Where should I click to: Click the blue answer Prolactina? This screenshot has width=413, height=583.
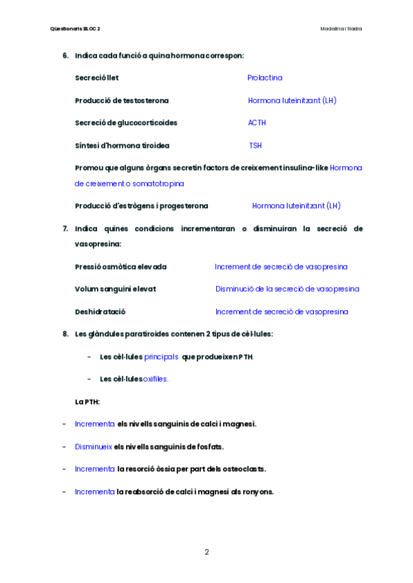pyautogui.click(x=265, y=78)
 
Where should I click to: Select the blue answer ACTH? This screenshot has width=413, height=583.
pyautogui.click(x=257, y=123)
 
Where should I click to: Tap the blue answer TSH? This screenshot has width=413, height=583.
pyautogui.click(x=255, y=146)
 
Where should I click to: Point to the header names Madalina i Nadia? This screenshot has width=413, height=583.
pyautogui.click(x=341, y=29)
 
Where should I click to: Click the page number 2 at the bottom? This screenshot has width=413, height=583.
pyautogui.click(x=206, y=551)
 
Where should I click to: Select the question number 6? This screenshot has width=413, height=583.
pyautogui.click(x=65, y=56)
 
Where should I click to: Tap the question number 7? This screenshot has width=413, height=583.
pyautogui.click(x=65, y=228)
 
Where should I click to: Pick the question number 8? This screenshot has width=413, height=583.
pyautogui.click(x=65, y=334)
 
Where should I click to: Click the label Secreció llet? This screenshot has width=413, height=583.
pyautogui.click(x=96, y=78)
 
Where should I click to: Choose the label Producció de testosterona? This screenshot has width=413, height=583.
pyautogui.click(x=121, y=100)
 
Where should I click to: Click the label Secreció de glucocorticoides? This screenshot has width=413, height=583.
pyautogui.click(x=126, y=123)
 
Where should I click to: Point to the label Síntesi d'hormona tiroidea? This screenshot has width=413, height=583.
pyautogui.click(x=122, y=146)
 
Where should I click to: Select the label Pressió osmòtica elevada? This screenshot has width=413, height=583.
pyautogui.click(x=120, y=267)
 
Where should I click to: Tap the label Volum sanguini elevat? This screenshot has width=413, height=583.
pyautogui.click(x=115, y=289)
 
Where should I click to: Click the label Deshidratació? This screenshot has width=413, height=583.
pyautogui.click(x=100, y=312)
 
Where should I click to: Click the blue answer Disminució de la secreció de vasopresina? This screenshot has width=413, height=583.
pyautogui.click(x=287, y=289)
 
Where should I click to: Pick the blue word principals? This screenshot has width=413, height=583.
pyautogui.click(x=162, y=357)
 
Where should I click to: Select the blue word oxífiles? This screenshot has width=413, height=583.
pyautogui.click(x=155, y=379)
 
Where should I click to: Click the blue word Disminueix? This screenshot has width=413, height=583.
pyautogui.click(x=94, y=447)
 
